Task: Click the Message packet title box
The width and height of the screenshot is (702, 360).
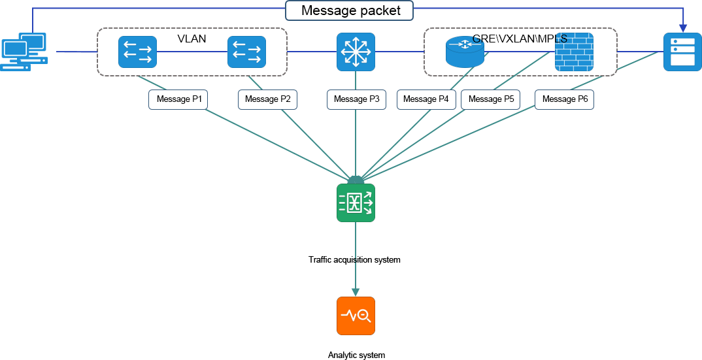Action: [350, 10]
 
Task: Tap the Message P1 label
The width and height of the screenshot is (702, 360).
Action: [178, 99]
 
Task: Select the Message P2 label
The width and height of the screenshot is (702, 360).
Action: [267, 99]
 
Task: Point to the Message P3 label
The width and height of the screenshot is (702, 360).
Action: [356, 99]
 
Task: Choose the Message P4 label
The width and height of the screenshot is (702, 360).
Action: [426, 99]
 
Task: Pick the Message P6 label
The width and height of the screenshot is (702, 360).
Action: [565, 99]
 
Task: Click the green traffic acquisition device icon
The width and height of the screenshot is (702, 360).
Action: [356, 203]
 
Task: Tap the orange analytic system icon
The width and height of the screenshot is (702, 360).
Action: [356, 316]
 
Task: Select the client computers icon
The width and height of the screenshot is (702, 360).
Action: [24, 52]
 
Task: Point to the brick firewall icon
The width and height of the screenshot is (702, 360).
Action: [574, 52]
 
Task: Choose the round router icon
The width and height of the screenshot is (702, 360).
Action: [465, 52]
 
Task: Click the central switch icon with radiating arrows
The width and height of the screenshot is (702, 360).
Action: [356, 52]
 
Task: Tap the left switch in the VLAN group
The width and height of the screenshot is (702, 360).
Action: [137, 52]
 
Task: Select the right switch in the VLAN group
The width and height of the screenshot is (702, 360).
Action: [246, 52]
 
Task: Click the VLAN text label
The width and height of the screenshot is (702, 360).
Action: [192, 39]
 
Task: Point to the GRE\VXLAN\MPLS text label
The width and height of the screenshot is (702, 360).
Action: [520, 39]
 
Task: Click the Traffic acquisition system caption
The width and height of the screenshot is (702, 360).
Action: [355, 260]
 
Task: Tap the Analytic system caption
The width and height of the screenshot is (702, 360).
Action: [356, 355]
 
